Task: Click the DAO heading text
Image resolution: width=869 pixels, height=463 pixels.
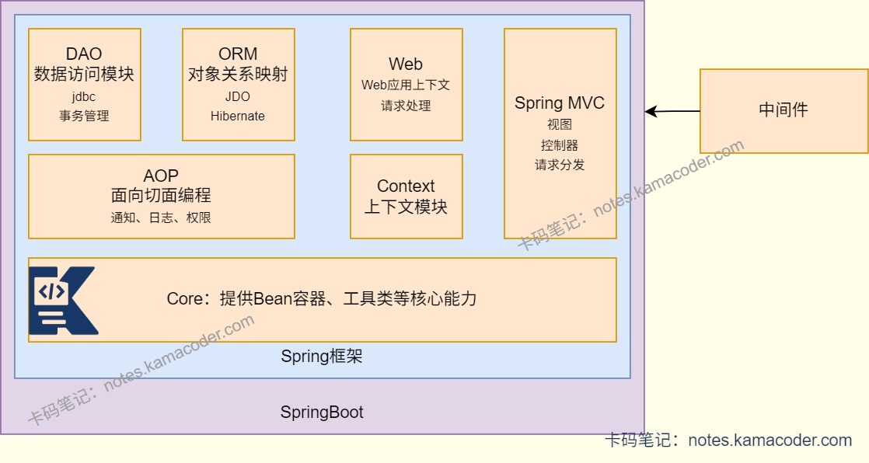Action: click(x=84, y=54)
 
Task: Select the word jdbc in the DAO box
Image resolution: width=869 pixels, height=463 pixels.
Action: click(x=84, y=97)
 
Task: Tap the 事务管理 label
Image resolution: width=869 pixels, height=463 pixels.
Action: click(x=84, y=116)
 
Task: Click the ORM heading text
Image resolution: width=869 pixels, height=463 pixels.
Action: click(x=238, y=54)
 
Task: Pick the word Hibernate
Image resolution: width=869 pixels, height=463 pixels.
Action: click(x=238, y=116)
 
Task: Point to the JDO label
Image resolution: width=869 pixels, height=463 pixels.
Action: click(x=238, y=97)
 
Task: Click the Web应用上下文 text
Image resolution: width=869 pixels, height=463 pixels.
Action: click(x=406, y=85)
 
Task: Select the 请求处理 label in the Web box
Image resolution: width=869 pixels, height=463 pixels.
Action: click(x=406, y=105)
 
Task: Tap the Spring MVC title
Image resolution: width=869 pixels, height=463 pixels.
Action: click(x=560, y=103)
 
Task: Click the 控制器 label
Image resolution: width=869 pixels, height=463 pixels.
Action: click(x=560, y=144)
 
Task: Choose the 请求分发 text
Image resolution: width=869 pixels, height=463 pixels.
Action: click(x=560, y=164)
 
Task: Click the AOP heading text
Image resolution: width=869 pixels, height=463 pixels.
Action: click(x=161, y=176)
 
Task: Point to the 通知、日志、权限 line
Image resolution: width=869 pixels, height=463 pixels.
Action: click(x=161, y=218)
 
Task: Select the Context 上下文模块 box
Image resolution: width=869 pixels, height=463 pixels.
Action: click(x=406, y=197)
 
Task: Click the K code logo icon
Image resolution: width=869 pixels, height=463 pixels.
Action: click(x=62, y=300)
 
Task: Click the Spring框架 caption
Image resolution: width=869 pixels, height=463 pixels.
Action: click(x=322, y=357)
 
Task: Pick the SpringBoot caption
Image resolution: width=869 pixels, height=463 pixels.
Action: click(x=322, y=413)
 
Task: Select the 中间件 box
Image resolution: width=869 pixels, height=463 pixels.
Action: click(x=783, y=110)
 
